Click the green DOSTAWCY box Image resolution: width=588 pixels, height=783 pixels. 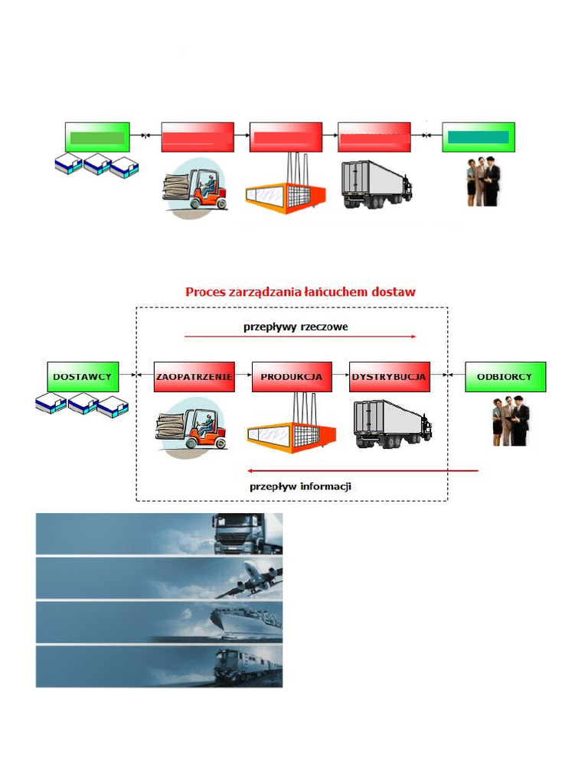click(x=83, y=377)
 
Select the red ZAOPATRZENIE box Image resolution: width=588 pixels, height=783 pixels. click(x=194, y=377)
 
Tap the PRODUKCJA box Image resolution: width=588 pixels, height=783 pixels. click(x=292, y=377)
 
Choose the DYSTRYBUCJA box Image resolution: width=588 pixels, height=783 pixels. click(x=389, y=377)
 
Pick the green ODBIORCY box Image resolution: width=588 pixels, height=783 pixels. click(x=505, y=377)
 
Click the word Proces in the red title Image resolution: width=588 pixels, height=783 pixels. click(x=207, y=291)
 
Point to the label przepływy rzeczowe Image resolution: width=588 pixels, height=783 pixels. click(x=296, y=326)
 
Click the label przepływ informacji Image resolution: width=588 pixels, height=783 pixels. click(x=300, y=486)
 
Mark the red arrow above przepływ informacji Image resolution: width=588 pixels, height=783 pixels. click(x=363, y=471)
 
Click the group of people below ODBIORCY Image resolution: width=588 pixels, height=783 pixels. click(x=511, y=421)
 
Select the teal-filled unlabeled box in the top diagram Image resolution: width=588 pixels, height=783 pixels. click(x=479, y=137)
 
